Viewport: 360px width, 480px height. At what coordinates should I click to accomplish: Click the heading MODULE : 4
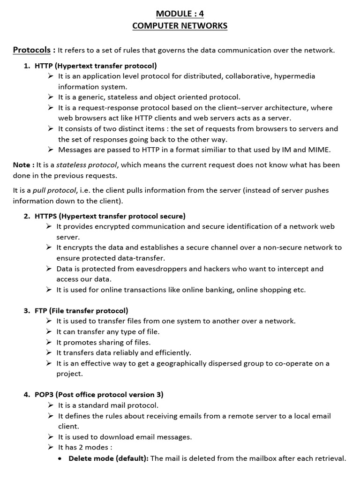coord(180,14)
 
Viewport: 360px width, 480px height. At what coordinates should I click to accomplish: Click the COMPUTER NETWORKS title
coord(180,26)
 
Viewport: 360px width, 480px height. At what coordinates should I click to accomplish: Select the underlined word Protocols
coord(32,50)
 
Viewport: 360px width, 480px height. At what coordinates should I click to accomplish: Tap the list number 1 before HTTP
coord(27,66)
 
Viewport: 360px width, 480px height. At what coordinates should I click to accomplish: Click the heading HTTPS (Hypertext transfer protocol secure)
coord(110,216)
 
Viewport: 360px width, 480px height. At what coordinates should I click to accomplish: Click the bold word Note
coord(22,165)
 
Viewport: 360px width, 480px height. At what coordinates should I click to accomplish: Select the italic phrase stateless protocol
coord(87,165)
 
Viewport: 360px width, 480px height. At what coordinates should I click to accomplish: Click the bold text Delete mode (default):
coord(108,458)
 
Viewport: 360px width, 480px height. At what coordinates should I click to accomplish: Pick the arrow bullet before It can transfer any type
coord(49,332)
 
